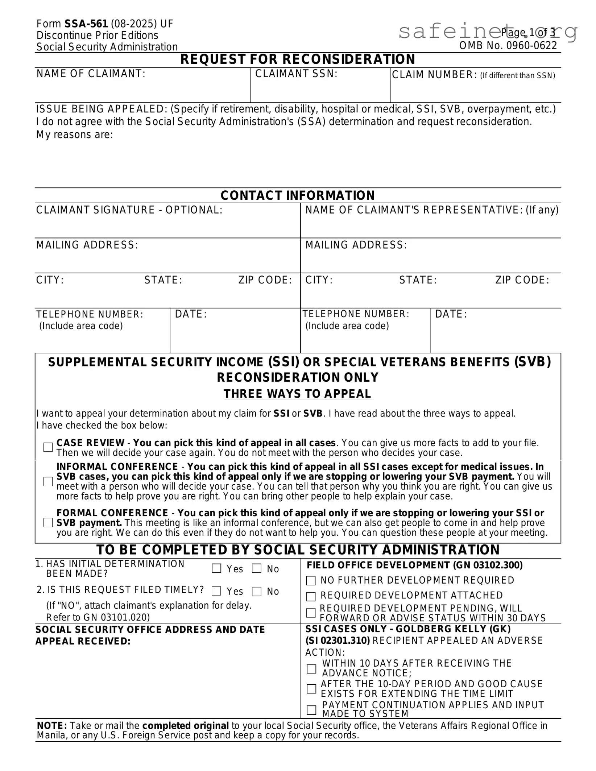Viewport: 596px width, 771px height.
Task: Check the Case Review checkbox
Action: pos(48,447)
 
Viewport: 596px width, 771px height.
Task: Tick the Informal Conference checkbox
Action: pos(48,481)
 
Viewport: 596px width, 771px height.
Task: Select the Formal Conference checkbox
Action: pos(48,522)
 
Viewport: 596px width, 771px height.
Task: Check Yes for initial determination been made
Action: pos(216,568)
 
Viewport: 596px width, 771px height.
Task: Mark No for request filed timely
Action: pos(257,591)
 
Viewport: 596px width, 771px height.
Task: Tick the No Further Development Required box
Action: pos(311,581)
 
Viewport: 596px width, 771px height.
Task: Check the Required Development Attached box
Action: pos(311,596)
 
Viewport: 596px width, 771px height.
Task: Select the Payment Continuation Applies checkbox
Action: pos(311,710)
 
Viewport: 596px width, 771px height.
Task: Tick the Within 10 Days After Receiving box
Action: pos(311,669)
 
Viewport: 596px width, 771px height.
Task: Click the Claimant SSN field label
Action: pos(296,74)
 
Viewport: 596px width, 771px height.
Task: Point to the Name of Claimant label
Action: pos(91,74)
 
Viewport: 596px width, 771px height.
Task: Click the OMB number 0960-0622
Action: pos(508,46)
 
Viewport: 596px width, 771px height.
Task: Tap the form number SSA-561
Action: pos(86,24)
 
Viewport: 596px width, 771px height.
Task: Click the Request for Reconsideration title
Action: pos(298,59)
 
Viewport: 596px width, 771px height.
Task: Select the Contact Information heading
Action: pos(298,196)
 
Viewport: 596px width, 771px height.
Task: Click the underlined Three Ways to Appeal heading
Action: pos(298,394)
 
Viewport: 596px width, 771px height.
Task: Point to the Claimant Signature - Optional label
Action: pos(129,210)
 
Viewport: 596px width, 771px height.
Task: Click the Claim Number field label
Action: pos(435,75)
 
